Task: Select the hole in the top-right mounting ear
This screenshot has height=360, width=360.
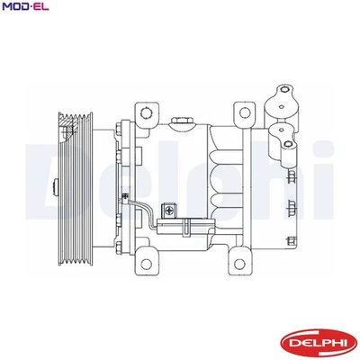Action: pos(242,112)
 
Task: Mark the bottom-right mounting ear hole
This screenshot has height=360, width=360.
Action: pos(241,265)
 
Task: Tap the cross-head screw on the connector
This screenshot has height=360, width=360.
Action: pos(168,211)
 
